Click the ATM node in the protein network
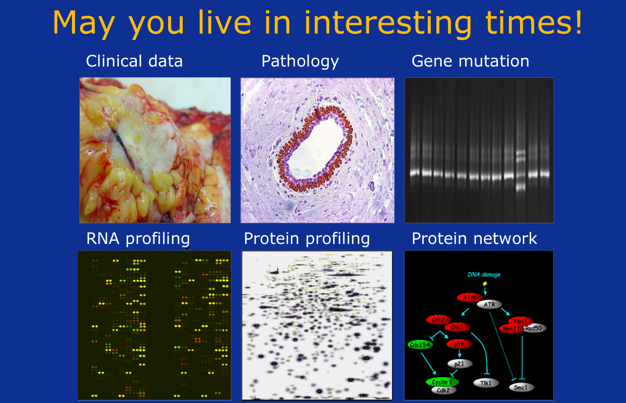(469, 298)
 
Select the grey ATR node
(489, 305)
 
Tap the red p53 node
(459, 344)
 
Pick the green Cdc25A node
(421, 345)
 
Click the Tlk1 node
(486, 383)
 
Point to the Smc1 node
(521, 387)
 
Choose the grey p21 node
(459, 364)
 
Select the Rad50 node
(534, 328)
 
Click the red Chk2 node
(438, 320)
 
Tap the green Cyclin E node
(442, 382)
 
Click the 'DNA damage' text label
(484, 274)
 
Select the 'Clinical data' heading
(134, 61)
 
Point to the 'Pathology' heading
(300, 62)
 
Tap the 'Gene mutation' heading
(470, 61)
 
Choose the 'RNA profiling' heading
(138, 239)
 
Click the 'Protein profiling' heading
(307, 239)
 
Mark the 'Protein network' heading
(474, 239)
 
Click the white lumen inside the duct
(316, 149)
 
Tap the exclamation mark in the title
(578, 22)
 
